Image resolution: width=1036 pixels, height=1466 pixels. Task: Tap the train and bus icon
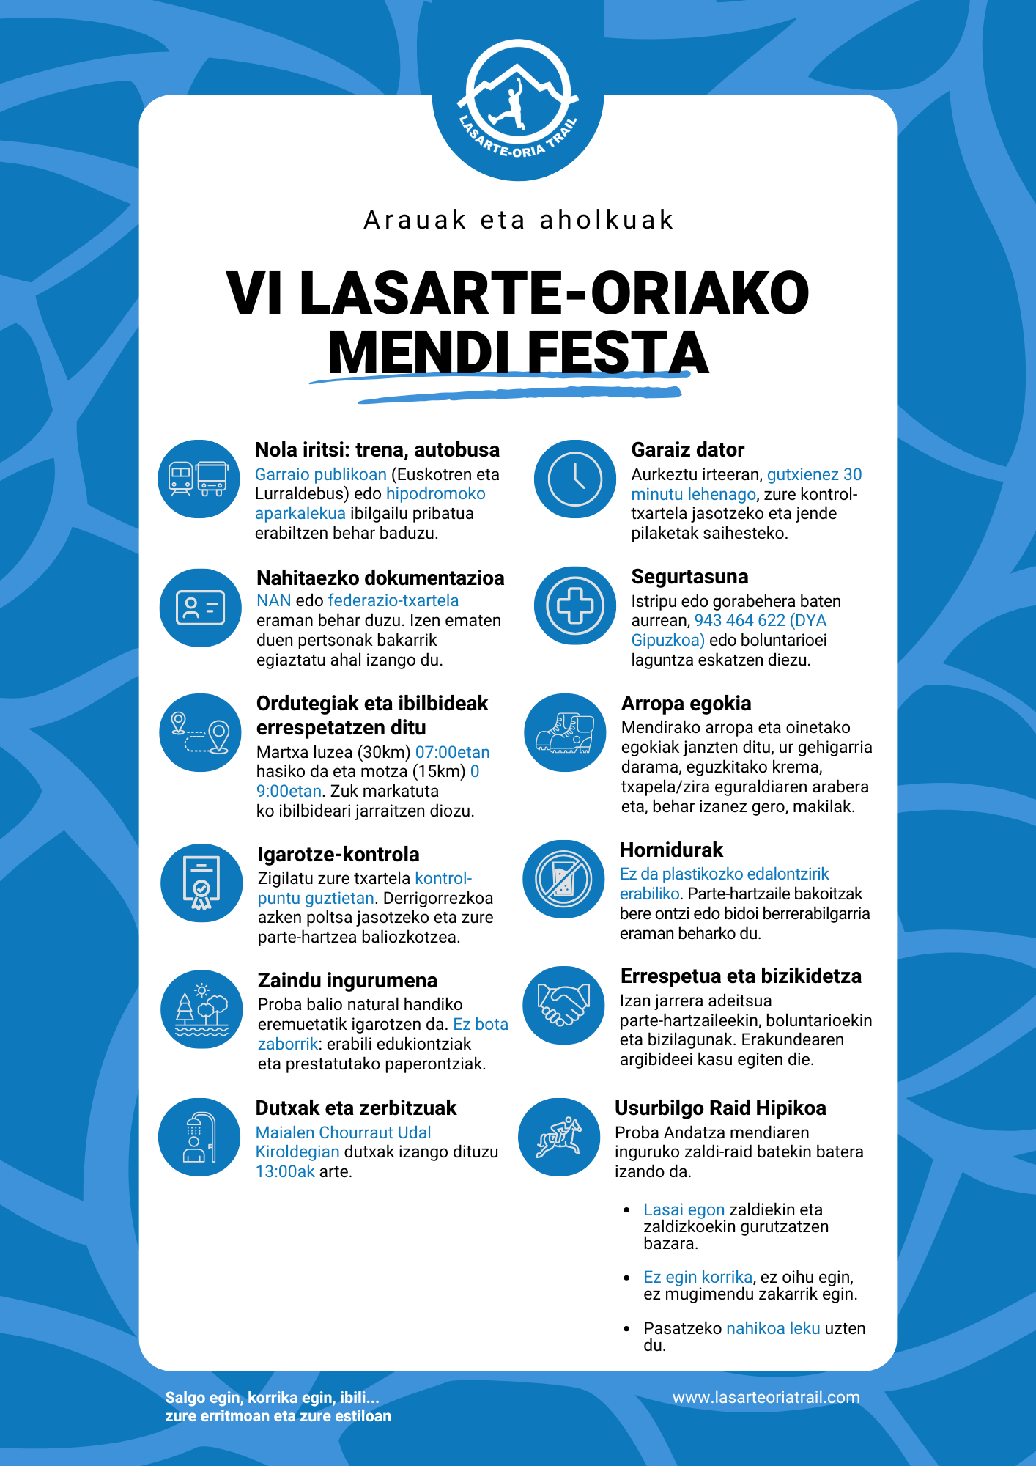coord(199,479)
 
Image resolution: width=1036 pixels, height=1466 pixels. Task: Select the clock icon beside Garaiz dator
coord(575,479)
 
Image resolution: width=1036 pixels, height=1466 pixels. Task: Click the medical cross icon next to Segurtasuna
coord(575,605)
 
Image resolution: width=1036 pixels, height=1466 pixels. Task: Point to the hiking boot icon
coord(565,732)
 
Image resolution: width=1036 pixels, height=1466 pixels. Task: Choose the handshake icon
coord(563,1005)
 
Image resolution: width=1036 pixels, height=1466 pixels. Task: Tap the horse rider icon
coord(559,1137)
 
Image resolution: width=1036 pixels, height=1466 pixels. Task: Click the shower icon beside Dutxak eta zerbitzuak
coord(199,1137)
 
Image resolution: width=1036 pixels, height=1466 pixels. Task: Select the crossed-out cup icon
coord(563,879)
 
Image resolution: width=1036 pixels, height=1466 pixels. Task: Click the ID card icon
coord(200,608)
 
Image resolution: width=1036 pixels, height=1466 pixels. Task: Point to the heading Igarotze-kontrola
coord(338,855)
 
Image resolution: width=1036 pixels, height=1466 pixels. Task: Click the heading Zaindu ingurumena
coord(347,981)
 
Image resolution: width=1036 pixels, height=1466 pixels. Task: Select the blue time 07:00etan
coord(452,753)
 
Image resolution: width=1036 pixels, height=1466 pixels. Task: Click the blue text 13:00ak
coord(285,1172)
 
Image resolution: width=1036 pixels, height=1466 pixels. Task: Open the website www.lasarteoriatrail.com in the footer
coord(766,1397)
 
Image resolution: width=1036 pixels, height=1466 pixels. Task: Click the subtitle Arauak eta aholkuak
coord(518,220)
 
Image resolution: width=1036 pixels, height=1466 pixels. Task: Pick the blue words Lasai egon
coord(684,1209)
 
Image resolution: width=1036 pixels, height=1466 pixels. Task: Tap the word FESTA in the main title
coord(617,353)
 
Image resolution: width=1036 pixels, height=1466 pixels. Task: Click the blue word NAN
coord(273,601)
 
